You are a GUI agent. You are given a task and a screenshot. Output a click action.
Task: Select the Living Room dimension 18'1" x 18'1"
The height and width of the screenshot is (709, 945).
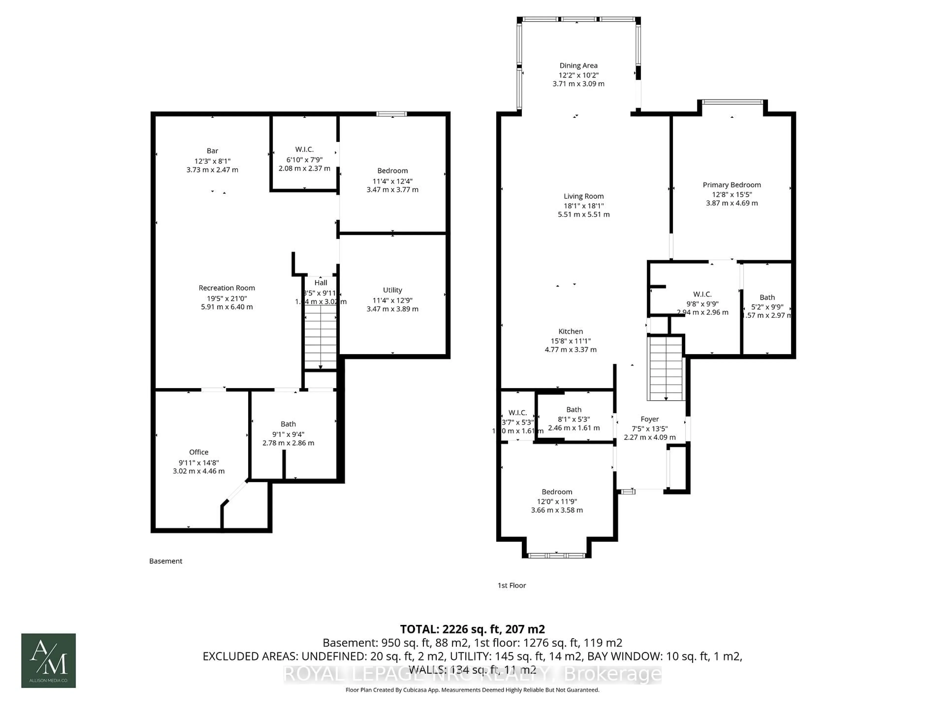[583, 206]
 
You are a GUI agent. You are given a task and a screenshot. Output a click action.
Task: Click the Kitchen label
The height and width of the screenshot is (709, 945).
[570, 331]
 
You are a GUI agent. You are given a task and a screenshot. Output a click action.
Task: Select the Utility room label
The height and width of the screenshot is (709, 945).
[392, 290]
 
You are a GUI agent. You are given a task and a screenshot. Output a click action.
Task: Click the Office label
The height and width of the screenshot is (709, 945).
[199, 452]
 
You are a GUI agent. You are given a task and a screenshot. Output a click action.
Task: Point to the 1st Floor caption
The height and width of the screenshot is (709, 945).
[511, 585]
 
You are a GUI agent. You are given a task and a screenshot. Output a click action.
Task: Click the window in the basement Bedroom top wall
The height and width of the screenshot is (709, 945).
[391, 114]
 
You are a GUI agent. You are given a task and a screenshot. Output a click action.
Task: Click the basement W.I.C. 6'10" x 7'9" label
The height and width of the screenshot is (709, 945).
[304, 149]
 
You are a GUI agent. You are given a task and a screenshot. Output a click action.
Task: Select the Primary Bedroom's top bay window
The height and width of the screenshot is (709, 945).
[732, 102]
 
